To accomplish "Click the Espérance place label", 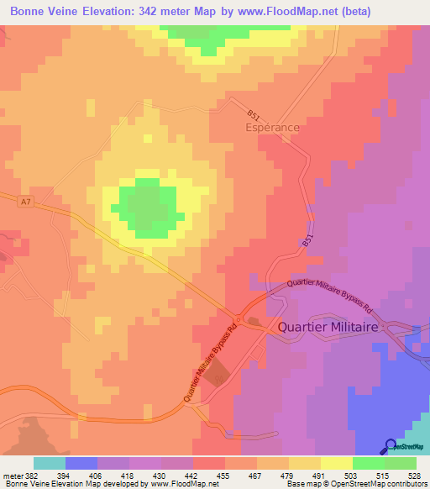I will click(271, 127).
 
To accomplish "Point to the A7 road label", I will click(26, 200).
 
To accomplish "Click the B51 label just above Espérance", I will click(254, 114).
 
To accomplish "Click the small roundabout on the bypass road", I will click(239, 320).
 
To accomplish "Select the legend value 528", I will click(413, 476).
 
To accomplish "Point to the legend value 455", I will click(223, 476).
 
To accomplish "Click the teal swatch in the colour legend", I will click(49, 463).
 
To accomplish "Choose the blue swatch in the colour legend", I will click(81, 463).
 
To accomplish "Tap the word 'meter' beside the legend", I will click(8, 476).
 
